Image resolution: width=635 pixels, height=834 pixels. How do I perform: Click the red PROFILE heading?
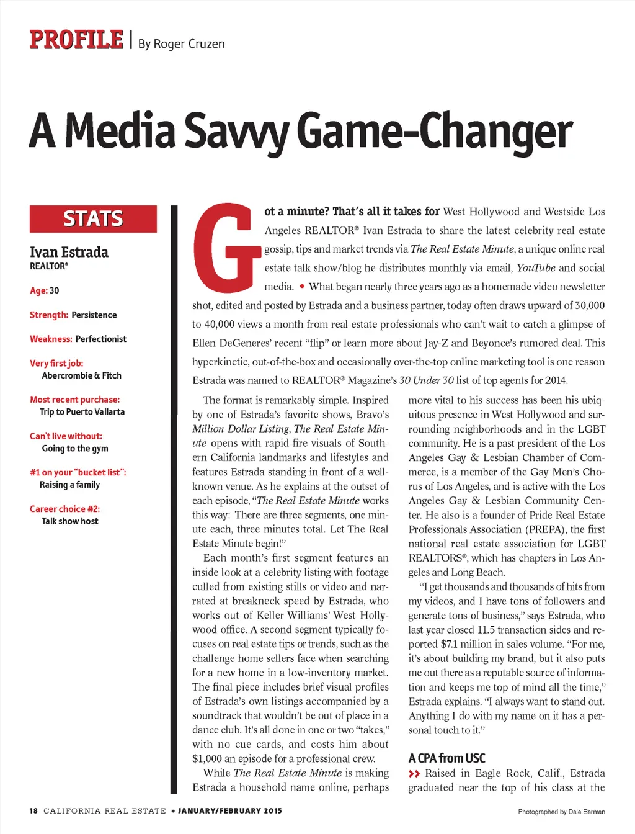76,40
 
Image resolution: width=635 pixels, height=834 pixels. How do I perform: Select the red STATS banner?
93,219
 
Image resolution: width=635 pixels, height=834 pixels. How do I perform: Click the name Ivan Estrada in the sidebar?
69,252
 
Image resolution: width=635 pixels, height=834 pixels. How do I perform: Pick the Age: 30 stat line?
45,290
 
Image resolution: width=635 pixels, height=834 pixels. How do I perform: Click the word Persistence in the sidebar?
94,315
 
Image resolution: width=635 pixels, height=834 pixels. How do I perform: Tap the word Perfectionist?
100,339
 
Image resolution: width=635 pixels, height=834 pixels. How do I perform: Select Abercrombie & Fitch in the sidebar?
81,375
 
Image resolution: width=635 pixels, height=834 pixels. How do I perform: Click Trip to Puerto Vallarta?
82,412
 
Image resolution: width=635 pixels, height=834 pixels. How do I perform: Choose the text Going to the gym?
75,448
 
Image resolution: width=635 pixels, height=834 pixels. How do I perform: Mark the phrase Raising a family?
69,485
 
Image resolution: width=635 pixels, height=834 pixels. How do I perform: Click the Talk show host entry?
69,521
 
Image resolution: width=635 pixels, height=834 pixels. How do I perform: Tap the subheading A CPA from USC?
446,758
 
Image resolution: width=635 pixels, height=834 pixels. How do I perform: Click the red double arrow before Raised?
414,774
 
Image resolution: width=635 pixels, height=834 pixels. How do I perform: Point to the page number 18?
33,810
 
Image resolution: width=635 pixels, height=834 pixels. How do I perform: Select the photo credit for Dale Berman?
561,812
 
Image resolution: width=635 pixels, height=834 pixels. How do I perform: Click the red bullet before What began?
301,286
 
